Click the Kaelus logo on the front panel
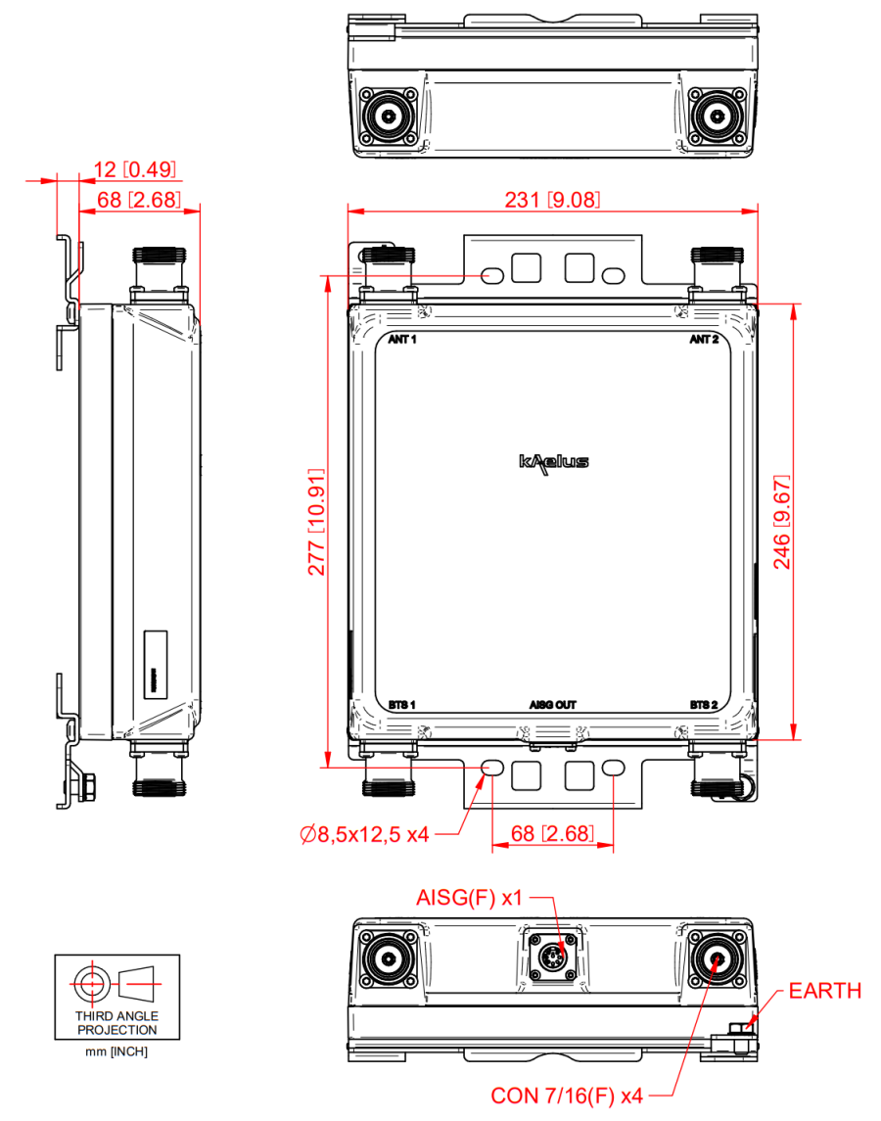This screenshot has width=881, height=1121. click(x=553, y=461)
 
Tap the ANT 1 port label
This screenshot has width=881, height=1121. click(x=402, y=340)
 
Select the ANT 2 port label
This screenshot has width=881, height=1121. click(x=704, y=340)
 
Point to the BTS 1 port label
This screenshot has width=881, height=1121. click(x=402, y=704)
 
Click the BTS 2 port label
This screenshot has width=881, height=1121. click(x=704, y=704)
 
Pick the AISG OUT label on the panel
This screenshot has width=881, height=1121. click(x=553, y=704)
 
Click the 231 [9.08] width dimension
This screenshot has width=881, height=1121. click(x=551, y=200)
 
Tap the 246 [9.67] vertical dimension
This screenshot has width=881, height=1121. click(x=782, y=523)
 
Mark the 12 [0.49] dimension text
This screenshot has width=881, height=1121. click(x=135, y=169)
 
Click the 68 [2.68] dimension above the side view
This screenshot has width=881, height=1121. click(x=135, y=200)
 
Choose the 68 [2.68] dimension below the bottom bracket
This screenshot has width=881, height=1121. click(x=552, y=834)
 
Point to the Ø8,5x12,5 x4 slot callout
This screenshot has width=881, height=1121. click(x=364, y=834)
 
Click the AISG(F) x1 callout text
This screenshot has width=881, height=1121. click(x=471, y=897)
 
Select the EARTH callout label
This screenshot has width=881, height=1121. click(x=825, y=991)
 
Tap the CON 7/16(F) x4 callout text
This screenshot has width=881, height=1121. click(x=567, y=1096)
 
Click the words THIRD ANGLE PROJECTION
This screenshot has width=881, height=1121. click(x=117, y=1023)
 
